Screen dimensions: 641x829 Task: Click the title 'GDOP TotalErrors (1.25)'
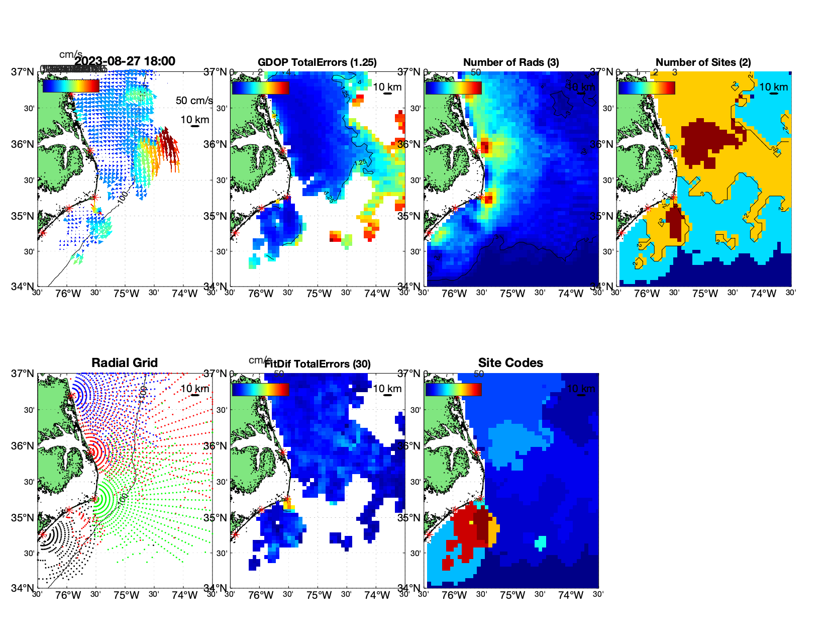(x=317, y=62)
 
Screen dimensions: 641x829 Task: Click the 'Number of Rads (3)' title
(x=510, y=62)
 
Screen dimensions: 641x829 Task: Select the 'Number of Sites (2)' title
(x=703, y=62)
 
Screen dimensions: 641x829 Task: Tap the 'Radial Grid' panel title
(x=125, y=363)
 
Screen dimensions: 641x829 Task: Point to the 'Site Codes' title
(x=510, y=363)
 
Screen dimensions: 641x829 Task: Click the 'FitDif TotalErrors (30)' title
(x=318, y=364)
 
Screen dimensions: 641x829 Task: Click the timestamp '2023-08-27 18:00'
(x=125, y=61)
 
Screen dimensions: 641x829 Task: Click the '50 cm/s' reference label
(x=194, y=101)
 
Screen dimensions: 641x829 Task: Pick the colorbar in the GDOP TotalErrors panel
(x=260, y=88)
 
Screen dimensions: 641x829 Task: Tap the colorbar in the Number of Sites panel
(x=647, y=88)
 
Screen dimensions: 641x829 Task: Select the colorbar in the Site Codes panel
(x=453, y=390)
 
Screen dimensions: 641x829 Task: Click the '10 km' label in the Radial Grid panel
(x=194, y=389)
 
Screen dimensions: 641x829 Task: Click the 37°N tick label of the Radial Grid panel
(x=23, y=374)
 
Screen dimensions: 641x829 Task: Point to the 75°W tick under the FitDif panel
(x=319, y=595)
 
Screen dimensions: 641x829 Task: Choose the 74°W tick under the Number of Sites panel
(x=763, y=294)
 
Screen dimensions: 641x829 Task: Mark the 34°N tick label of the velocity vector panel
(x=23, y=287)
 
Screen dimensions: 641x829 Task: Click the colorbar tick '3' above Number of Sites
(x=674, y=72)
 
